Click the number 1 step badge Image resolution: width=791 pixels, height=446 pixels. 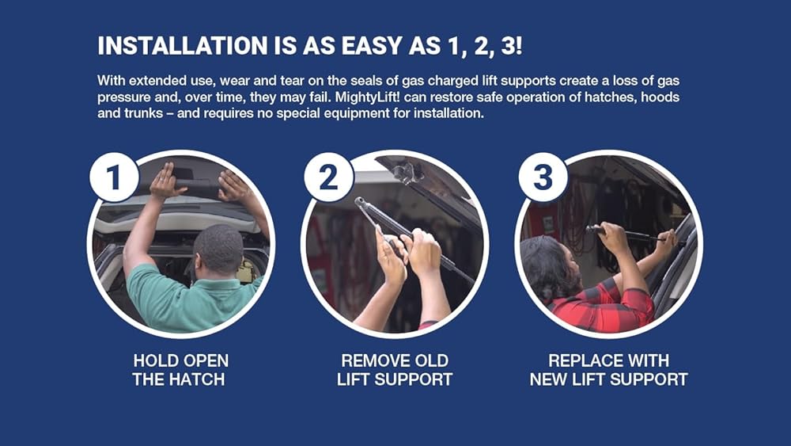[114, 177]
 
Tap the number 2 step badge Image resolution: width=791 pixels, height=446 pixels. [329, 177]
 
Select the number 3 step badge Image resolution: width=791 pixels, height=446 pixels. [543, 177]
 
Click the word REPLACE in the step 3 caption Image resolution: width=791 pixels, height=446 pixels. [579, 360]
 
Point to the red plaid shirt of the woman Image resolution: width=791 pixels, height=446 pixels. [605, 306]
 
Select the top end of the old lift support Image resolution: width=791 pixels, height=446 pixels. [360, 201]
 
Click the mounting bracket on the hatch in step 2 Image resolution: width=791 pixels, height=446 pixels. [406, 173]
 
